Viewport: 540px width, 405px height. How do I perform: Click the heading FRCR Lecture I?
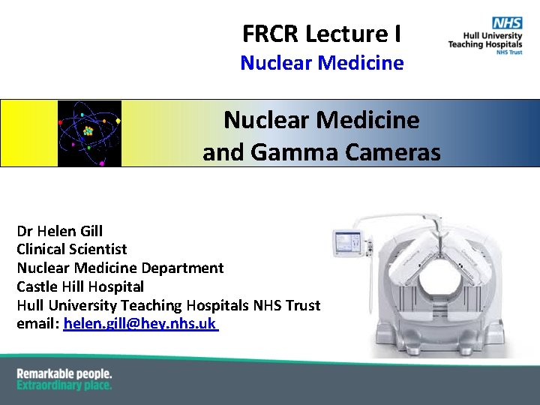[x=321, y=34]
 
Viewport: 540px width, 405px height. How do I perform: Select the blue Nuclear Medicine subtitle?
[x=322, y=63]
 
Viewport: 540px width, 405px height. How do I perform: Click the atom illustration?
[x=89, y=133]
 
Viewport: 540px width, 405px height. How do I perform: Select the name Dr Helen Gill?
[x=60, y=231]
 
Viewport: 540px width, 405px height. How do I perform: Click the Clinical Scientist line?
[x=72, y=249]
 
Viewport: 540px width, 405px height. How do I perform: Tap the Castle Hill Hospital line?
[x=80, y=286]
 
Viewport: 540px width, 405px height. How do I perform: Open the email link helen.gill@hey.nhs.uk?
[x=140, y=324]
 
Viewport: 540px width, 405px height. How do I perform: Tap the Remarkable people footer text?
[x=64, y=373]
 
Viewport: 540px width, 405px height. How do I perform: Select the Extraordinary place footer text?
[x=64, y=385]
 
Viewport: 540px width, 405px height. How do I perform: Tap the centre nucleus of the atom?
[x=88, y=132]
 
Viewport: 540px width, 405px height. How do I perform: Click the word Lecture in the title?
[x=337, y=34]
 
